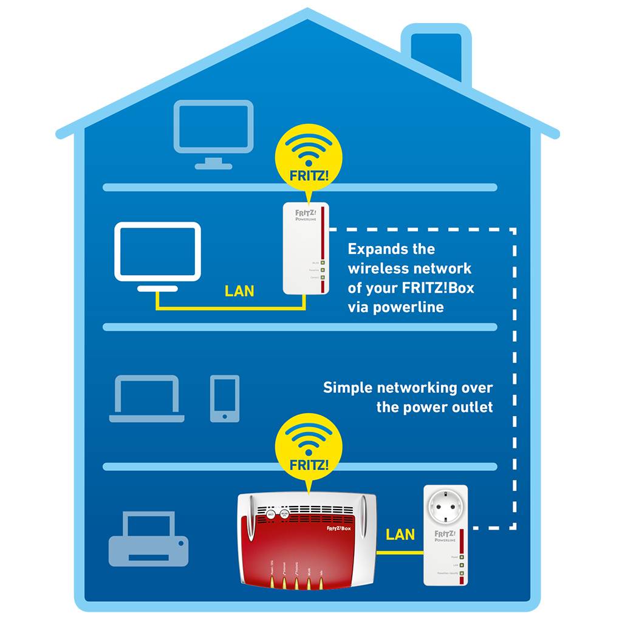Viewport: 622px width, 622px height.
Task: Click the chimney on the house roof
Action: tap(436, 52)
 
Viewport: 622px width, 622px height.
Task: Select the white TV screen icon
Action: tap(157, 252)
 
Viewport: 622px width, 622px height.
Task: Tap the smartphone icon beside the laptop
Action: tap(224, 398)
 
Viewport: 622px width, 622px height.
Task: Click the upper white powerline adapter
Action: tap(306, 248)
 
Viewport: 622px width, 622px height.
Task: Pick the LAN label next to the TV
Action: tap(239, 291)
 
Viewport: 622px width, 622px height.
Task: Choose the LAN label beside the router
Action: tap(400, 535)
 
